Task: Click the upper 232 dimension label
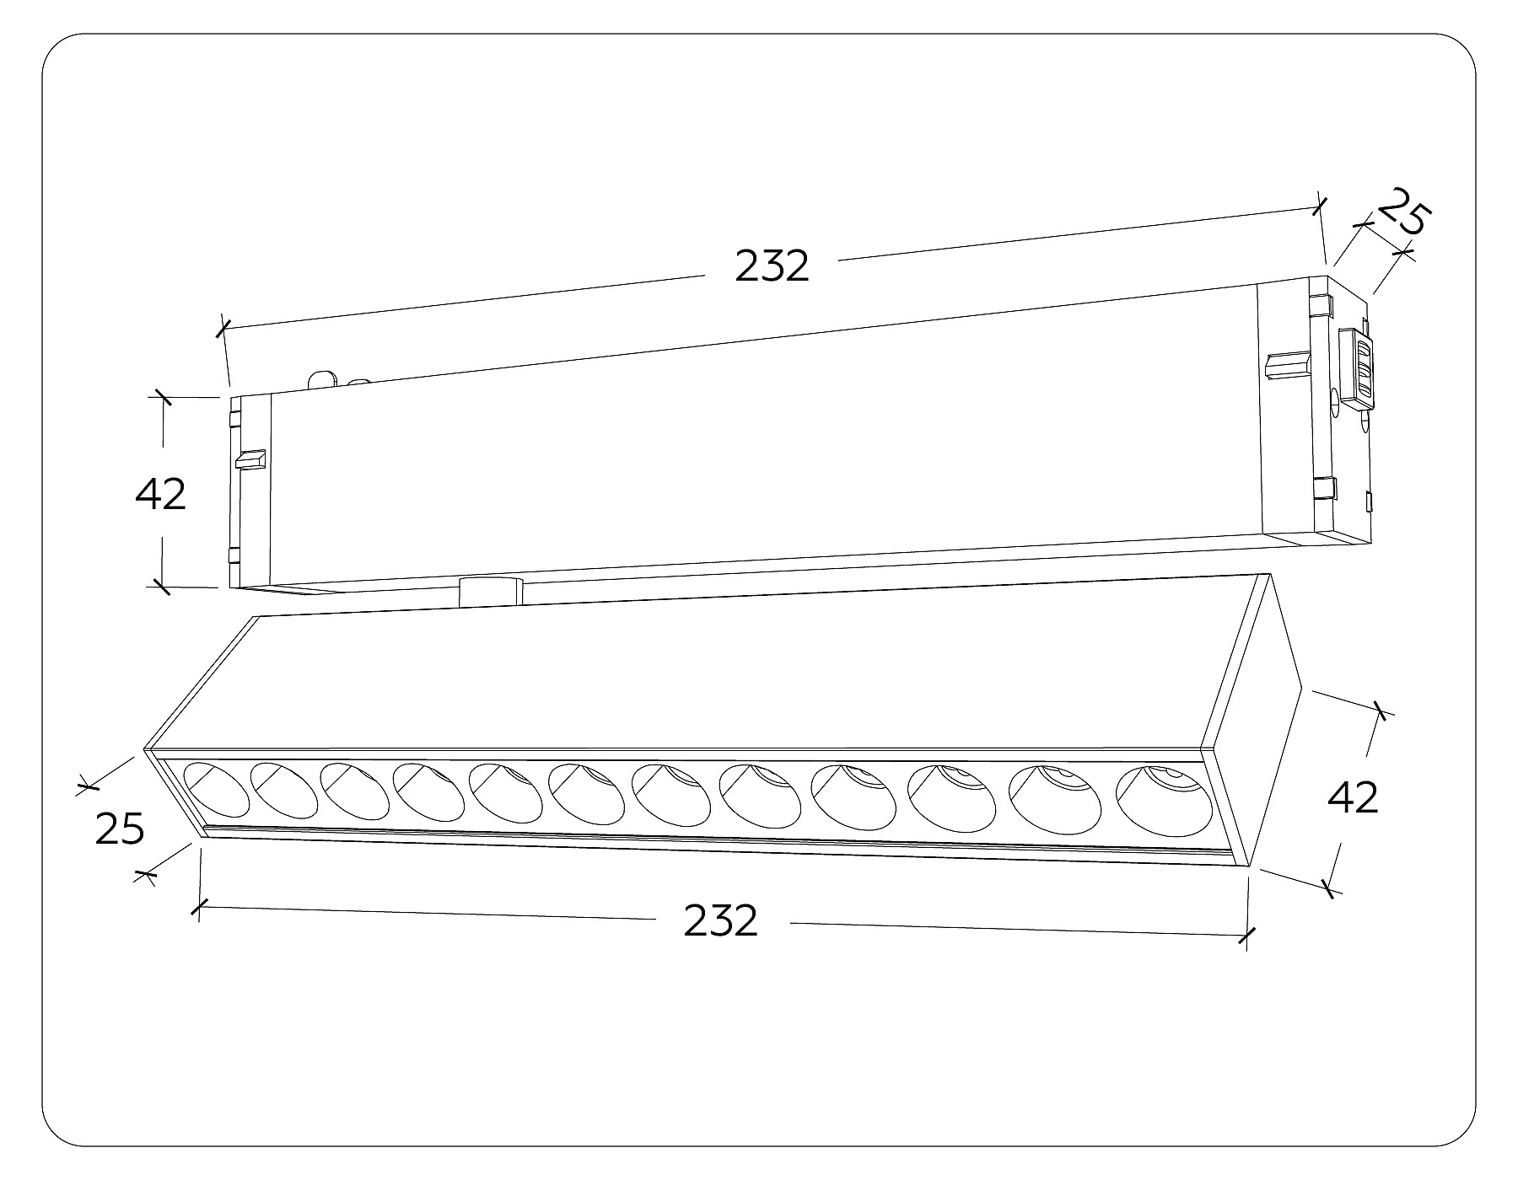coord(772,266)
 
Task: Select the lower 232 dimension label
coord(720,920)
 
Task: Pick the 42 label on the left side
coord(160,494)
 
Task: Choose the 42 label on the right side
coord(1353,796)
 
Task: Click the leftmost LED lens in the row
coord(217,790)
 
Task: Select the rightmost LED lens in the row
coord(1164,800)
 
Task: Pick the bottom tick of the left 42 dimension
coord(162,586)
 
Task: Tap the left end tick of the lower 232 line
coord(199,908)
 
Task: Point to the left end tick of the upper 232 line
coord(223,328)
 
